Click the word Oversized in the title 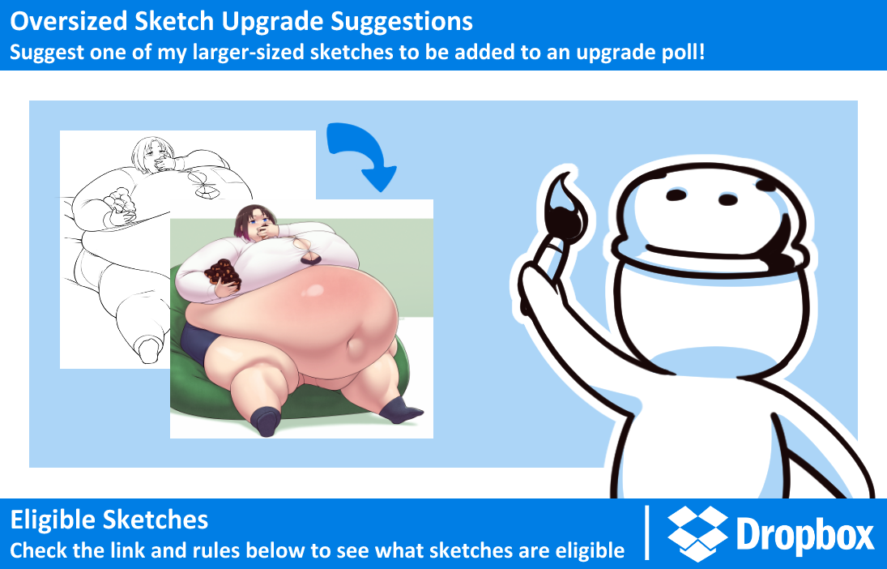[x=69, y=22]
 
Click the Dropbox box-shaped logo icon [x=697, y=534]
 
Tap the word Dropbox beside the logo [x=805, y=535]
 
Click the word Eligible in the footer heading [x=53, y=520]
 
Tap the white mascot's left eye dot [x=676, y=195]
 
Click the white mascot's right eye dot [x=728, y=199]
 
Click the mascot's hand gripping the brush [x=543, y=272]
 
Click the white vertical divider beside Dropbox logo [x=647, y=533]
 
